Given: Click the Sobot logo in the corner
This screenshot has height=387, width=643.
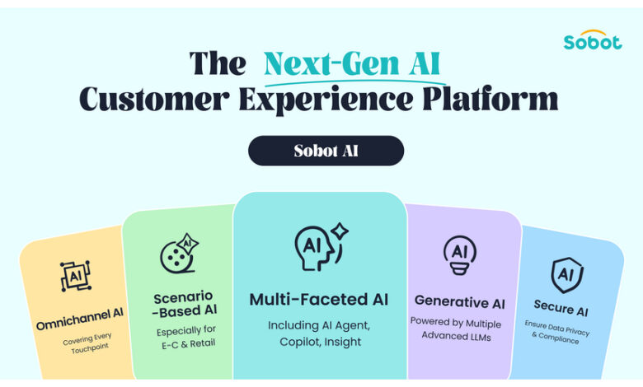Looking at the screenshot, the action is pos(593,40).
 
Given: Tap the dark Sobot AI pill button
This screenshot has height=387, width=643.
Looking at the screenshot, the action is pos(326,151).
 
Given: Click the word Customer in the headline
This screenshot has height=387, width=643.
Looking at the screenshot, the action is pos(154,99).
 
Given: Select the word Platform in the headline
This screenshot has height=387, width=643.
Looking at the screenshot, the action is pos(490,98).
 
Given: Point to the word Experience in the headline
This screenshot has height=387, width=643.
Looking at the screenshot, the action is pos(326,100).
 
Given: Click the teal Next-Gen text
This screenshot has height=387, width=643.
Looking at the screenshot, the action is pos(331,63).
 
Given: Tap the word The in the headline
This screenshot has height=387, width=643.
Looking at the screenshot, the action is pos(218,63).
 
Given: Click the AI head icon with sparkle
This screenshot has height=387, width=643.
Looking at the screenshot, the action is pos(321,246).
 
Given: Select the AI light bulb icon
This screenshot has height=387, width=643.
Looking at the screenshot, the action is pos(460,254).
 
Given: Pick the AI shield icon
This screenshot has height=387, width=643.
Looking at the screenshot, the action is pos(566,275).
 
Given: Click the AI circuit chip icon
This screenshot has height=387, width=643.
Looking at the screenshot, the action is pos(76,276).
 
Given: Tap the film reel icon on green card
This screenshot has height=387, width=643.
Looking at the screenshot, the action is pos(179,254).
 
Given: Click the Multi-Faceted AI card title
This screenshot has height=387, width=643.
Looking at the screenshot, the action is pos(319,300).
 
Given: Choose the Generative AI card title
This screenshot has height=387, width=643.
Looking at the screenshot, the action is pos(460,302).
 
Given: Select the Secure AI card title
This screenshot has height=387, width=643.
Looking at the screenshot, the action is pos(561,308).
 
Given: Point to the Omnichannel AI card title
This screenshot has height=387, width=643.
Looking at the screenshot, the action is pos(80,319).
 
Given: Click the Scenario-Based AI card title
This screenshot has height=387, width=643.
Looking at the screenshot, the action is pos(184,305).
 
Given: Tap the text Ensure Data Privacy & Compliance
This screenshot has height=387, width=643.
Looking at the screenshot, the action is pos(556,332).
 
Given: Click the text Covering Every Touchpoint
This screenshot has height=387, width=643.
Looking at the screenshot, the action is pos(88,343).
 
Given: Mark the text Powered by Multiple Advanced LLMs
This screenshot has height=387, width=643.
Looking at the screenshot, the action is pos(456,329).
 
